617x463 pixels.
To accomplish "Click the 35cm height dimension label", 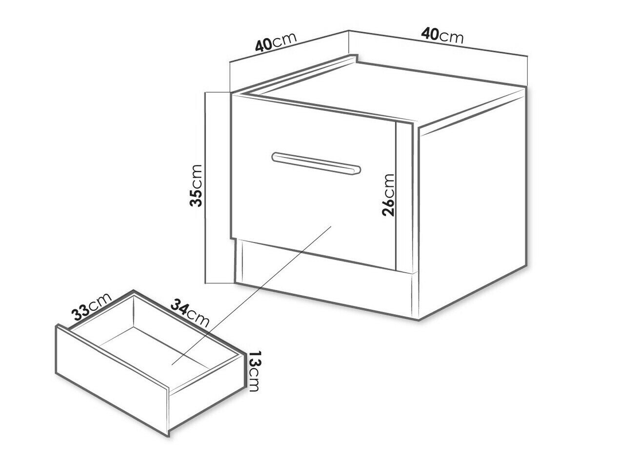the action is [x=196, y=186].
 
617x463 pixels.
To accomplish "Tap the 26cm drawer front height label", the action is [x=388, y=195].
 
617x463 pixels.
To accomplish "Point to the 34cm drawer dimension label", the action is [x=190, y=313].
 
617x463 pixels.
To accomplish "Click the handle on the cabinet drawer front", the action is [x=316, y=163].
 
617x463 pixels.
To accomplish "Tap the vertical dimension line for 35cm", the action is [x=205, y=187].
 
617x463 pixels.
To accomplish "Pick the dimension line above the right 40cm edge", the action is [x=438, y=43].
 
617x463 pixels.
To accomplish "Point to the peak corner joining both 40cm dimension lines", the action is [x=349, y=30].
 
